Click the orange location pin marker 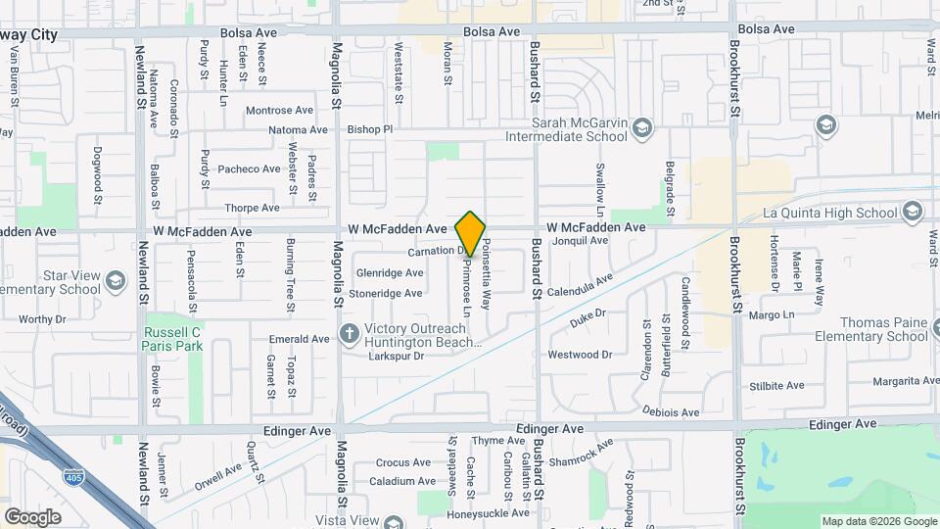coord(471,233)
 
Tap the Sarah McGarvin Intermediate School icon coord(641,128)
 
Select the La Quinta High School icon coord(913,213)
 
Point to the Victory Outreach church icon coord(348,335)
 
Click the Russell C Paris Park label coord(171,338)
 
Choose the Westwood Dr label coord(580,355)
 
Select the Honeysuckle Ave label coord(489,513)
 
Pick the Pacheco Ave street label coord(249,168)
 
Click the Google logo coord(32,516)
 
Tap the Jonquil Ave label coord(581,240)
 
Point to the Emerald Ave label coord(300,339)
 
